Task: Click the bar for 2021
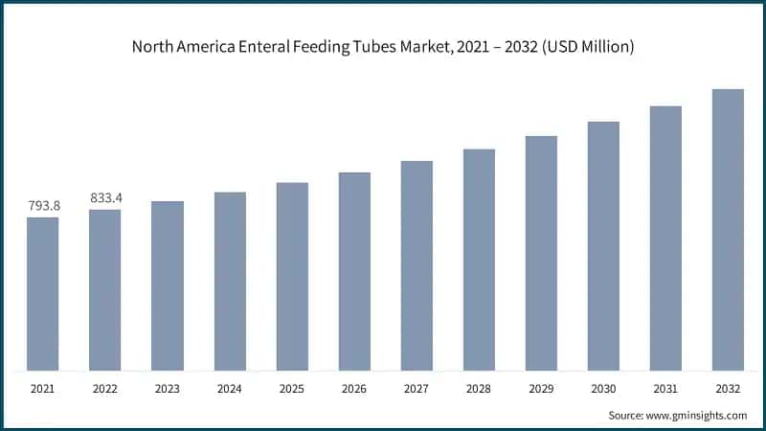pos(42,294)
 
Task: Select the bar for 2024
pos(230,282)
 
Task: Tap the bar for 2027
pos(417,265)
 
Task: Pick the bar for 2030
pos(603,246)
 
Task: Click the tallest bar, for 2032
pos(728,230)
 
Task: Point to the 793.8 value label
pos(42,205)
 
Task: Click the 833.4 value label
pos(105,197)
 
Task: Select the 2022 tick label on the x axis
pos(105,390)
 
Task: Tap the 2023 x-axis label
pos(168,390)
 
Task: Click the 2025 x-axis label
pos(292,390)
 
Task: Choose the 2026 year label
pos(354,390)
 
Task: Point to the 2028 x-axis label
pos(479,390)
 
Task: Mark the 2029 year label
pos(541,390)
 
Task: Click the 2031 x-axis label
pos(665,390)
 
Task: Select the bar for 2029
pos(541,253)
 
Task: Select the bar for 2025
pos(292,277)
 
